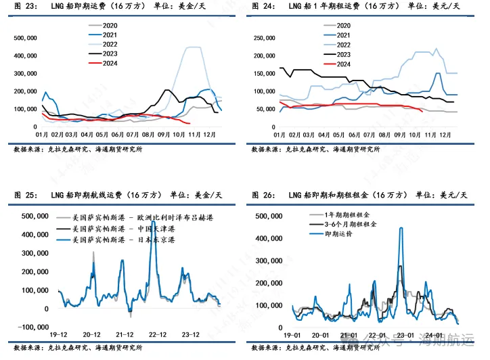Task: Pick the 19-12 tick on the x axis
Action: tap(58, 334)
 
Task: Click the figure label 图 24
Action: tap(263, 5)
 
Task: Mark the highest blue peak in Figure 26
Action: tap(401, 229)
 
